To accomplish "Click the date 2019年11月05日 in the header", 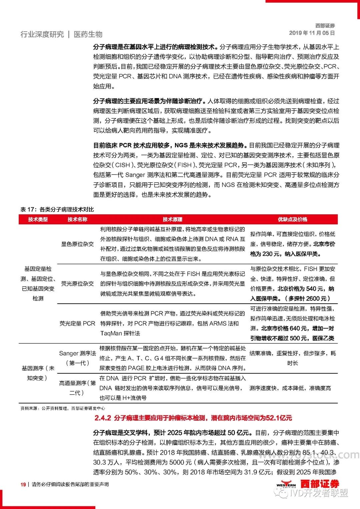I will pos(312,33).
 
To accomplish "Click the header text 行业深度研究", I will pos(42,34).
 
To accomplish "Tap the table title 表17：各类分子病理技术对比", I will pos(57,209).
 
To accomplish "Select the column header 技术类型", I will pos(38,219).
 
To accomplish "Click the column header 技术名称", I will pos(77,219).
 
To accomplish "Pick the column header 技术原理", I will pos(172,219).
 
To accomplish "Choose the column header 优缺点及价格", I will pos(292,219).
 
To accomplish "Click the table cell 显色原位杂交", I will pos(77,244).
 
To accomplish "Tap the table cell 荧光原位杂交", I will pos(77,284).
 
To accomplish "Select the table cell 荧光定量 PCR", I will pos(77,323).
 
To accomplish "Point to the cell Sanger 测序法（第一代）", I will pos(77,358).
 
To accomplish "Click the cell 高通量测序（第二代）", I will pos(77,388).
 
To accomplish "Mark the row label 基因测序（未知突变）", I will pos(38,373).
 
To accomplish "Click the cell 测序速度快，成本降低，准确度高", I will pos(290,388).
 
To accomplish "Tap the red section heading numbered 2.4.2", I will pos(193,418).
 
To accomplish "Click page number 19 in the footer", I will pos(23,484).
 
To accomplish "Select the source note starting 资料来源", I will pos(63,408).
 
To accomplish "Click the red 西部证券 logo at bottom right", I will pos(319,484).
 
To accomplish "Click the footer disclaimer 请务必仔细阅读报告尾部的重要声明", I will pos(70,484).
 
